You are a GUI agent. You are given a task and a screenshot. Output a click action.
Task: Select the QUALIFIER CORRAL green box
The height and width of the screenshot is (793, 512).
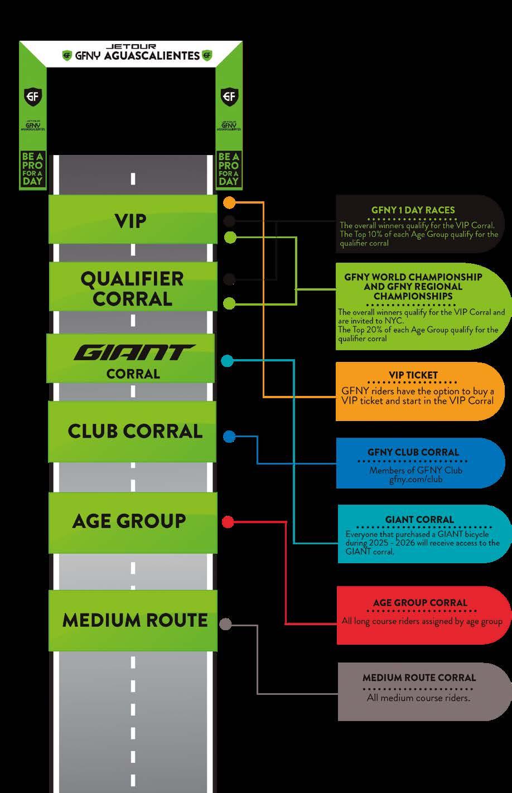point(133,288)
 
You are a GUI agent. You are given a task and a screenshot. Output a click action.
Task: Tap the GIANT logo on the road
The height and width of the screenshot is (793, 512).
point(134,353)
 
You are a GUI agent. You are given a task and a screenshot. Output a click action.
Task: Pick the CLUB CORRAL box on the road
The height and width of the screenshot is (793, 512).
point(134,431)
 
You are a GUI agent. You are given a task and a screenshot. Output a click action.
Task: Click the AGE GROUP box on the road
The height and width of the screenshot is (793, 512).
point(129,521)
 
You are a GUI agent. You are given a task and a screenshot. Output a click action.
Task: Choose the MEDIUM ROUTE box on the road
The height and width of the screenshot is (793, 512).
point(134,620)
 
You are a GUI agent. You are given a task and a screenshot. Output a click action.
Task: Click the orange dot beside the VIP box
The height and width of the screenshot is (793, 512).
point(229,202)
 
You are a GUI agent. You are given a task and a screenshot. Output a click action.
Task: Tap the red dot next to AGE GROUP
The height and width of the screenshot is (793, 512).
point(228,522)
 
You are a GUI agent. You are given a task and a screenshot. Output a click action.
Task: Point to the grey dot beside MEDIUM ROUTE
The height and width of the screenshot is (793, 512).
point(225,624)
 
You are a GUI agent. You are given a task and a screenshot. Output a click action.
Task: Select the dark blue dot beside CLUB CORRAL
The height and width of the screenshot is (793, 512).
point(229,436)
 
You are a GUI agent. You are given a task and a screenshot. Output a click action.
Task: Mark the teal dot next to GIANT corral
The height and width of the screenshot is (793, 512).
point(227,361)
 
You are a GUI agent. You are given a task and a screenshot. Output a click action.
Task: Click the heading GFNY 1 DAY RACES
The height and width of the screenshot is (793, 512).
point(413,210)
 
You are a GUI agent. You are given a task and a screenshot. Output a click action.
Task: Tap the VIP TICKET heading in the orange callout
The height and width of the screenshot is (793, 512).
point(413,375)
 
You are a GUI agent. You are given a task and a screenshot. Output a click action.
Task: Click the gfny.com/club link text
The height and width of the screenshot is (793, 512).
point(416,479)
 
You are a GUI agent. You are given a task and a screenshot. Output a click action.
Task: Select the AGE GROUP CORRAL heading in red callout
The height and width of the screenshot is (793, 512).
point(420,603)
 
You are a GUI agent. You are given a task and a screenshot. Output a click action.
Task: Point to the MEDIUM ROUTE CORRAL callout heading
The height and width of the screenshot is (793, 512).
point(419,678)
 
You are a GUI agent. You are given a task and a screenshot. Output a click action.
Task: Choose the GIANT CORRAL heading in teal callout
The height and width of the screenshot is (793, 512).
point(419,520)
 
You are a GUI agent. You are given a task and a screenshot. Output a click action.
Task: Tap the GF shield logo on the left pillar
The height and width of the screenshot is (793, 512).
point(32,96)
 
